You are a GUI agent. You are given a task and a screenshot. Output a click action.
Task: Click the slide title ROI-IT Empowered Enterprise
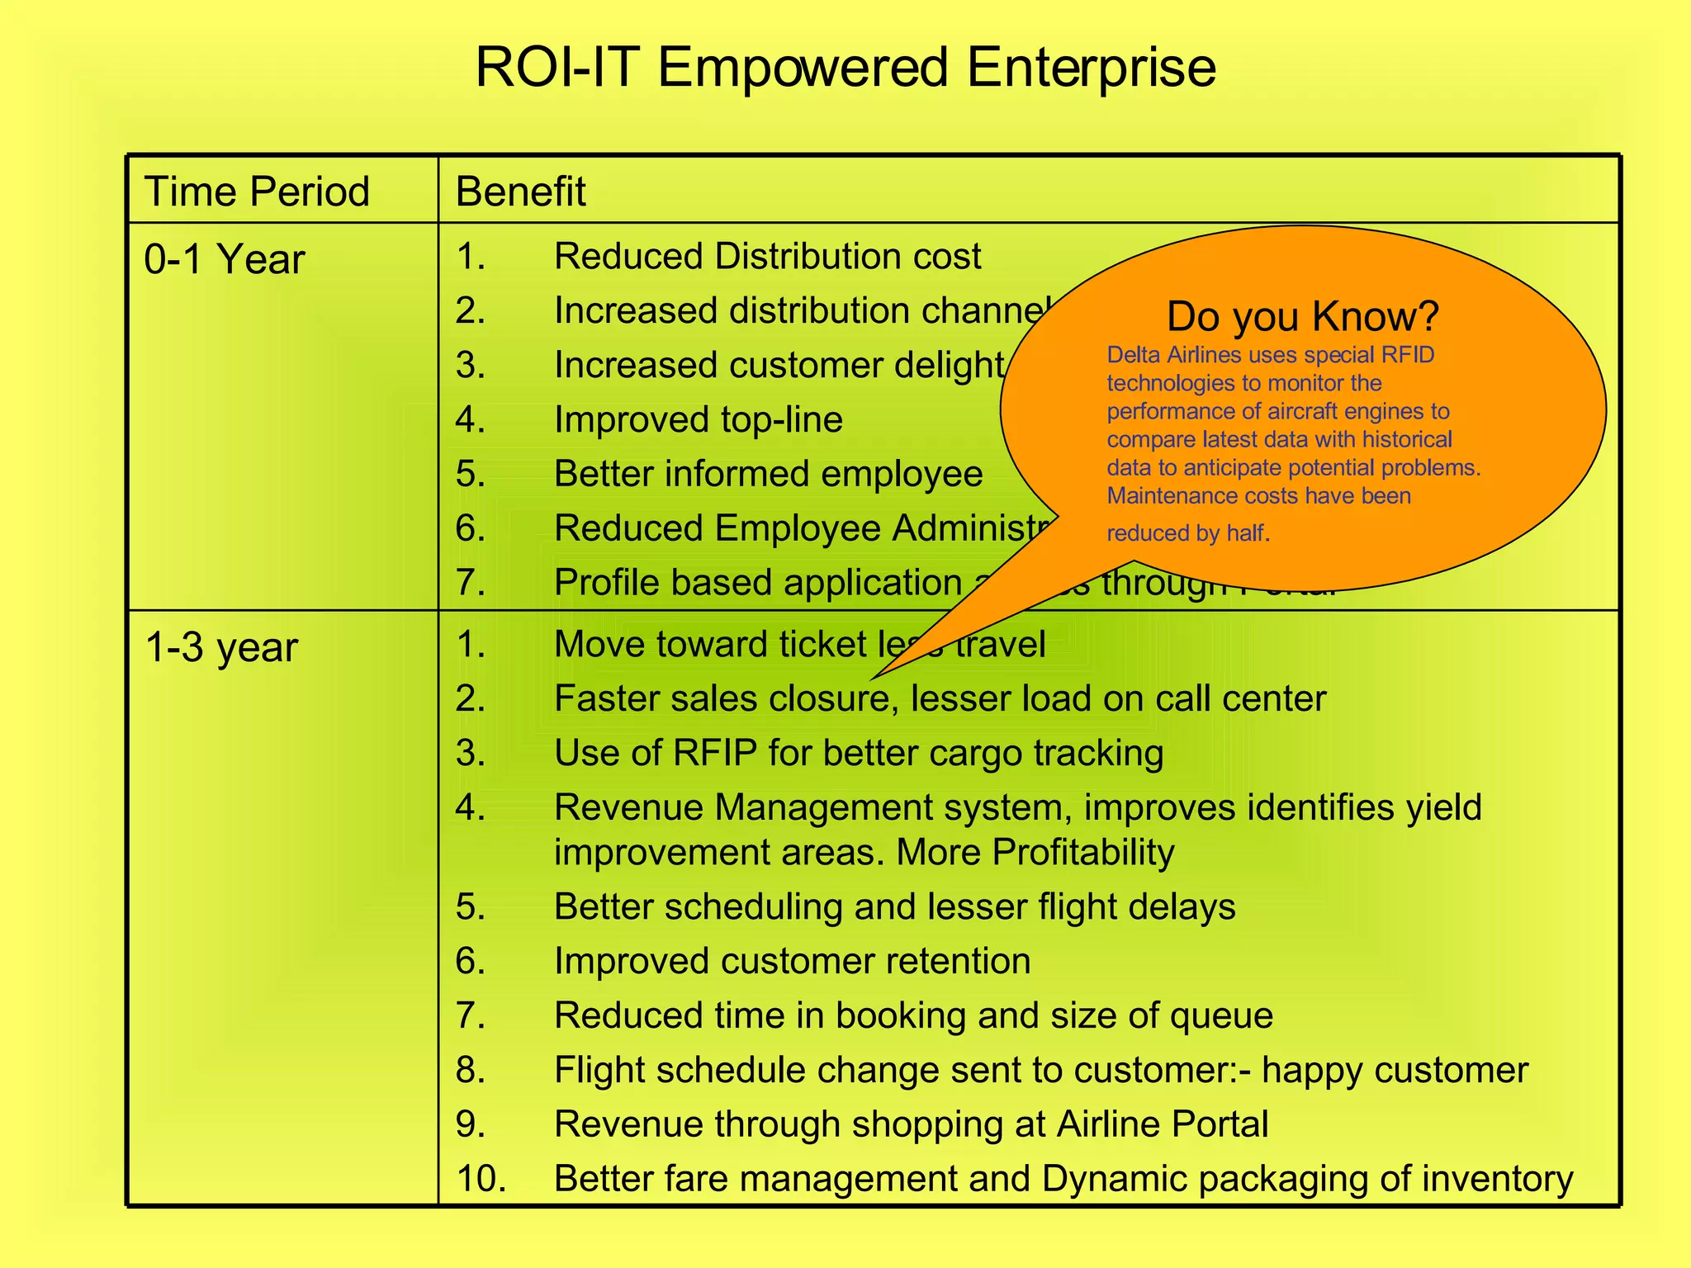click(x=845, y=68)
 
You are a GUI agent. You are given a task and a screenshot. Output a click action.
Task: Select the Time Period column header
click(x=257, y=192)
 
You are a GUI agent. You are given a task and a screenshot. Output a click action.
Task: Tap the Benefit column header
click(x=520, y=192)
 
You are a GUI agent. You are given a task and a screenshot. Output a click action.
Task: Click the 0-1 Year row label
click(x=224, y=259)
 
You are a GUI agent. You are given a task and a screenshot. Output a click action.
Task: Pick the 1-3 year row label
click(x=220, y=647)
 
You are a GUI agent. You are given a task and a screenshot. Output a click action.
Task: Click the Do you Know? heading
click(x=1302, y=316)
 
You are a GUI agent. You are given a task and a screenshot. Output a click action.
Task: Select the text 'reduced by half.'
click(x=1187, y=533)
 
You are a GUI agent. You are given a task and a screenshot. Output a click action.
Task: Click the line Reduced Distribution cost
click(x=767, y=256)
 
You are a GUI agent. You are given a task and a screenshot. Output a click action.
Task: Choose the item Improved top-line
click(x=698, y=419)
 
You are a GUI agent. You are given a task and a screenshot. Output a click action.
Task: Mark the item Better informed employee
click(x=768, y=474)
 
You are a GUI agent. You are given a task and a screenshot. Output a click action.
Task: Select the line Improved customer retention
click(x=792, y=961)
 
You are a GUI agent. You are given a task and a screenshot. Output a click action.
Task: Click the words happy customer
click(x=1395, y=1070)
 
